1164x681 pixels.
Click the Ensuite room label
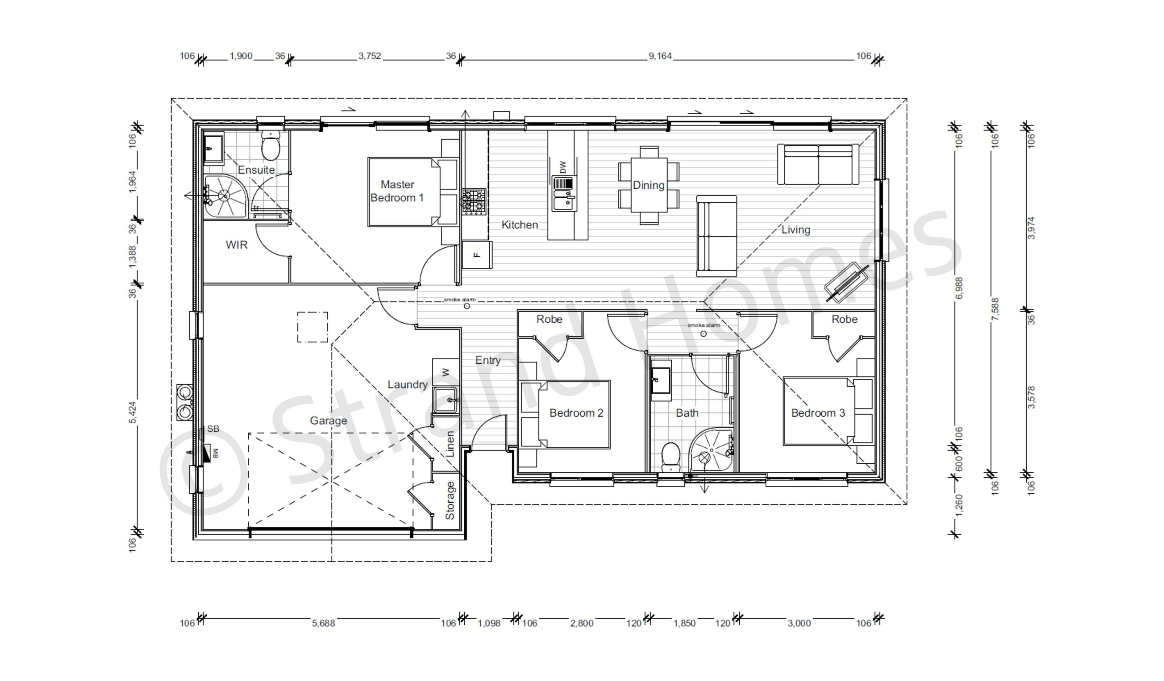point(256,170)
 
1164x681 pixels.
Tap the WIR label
point(236,245)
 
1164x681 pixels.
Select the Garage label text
point(328,421)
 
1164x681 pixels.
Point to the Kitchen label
point(520,225)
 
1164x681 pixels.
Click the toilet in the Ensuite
point(270,145)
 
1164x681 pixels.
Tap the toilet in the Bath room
point(670,456)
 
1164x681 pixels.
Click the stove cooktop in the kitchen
point(474,201)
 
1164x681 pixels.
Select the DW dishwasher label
point(562,167)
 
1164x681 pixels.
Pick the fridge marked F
point(477,255)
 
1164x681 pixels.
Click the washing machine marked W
point(446,373)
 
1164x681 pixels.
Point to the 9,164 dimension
point(660,56)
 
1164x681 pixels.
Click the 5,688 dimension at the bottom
point(323,623)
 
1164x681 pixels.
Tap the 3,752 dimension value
point(370,56)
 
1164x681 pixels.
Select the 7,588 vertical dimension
point(995,310)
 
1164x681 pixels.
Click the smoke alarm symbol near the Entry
point(467,306)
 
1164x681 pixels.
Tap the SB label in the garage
point(213,429)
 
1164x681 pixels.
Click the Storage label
point(449,501)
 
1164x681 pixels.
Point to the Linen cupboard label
point(450,444)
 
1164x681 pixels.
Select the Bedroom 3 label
point(818,413)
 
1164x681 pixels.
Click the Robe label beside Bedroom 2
point(549,319)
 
